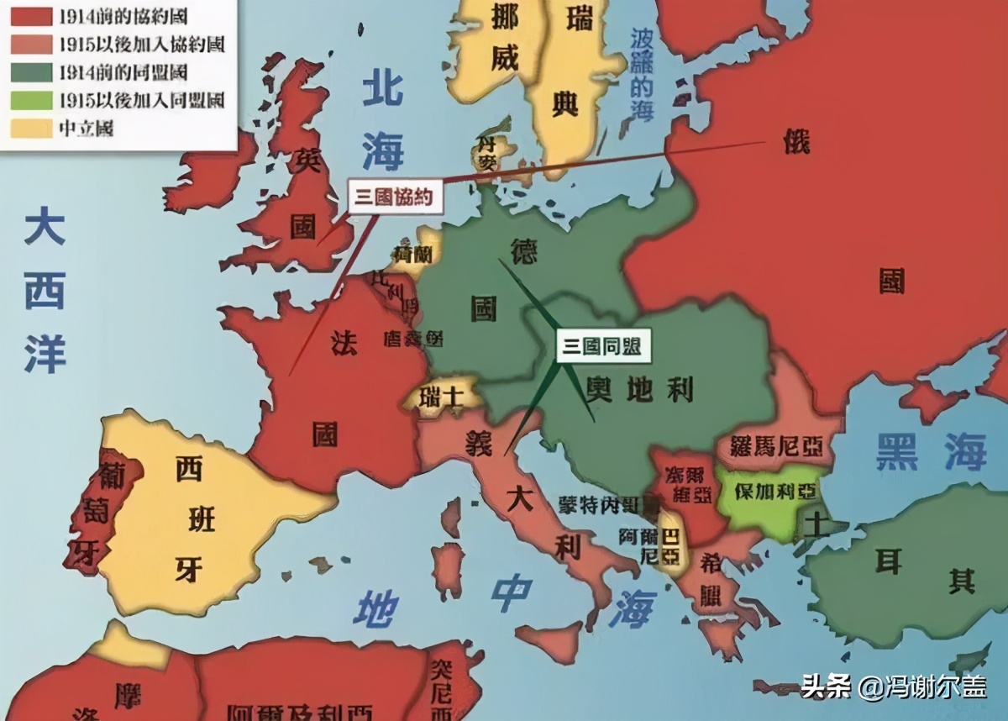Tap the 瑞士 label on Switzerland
coord(442,395)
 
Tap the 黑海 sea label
coord(931,451)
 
